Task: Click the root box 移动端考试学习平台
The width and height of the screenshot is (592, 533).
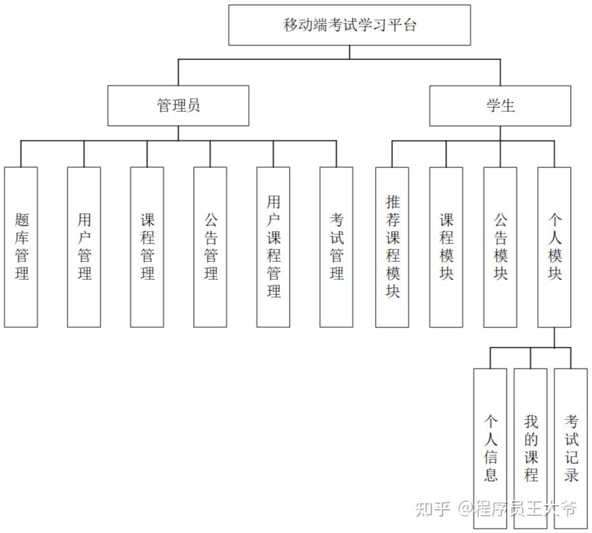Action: pyautogui.click(x=349, y=26)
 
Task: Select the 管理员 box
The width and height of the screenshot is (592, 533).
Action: pyautogui.click(x=179, y=105)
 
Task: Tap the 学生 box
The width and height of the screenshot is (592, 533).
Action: pyautogui.click(x=500, y=105)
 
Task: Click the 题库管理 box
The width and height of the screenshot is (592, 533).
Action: pyautogui.click(x=21, y=247)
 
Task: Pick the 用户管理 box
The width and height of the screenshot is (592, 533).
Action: pyautogui.click(x=84, y=247)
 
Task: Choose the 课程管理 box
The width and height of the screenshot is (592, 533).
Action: pyautogui.click(x=147, y=247)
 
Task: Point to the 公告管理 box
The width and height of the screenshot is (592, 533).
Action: pyautogui.click(x=210, y=247)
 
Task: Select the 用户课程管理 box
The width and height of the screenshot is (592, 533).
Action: pyautogui.click(x=273, y=247)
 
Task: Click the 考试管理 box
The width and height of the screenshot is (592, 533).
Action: pyautogui.click(x=336, y=247)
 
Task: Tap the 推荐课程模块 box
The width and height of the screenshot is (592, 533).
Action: pyautogui.click(x=392, y=247)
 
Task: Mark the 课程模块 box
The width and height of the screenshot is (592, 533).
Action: pyautogui.click(x=446, y=247)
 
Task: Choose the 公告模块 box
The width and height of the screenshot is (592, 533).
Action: pyautogui.click(x=500, y=247)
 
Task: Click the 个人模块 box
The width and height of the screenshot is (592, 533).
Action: pyautogui.click(x=554, y=247)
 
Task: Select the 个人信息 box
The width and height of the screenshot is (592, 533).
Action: pyautogui.click(x=490, y=448)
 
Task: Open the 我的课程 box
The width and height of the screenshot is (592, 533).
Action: pyautogui.click(x=530, y=448)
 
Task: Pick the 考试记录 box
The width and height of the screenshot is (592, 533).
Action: pyautogui.click(x=571, y=448)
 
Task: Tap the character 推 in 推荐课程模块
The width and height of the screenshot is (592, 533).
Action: pyautogui.click(x=392, y=202)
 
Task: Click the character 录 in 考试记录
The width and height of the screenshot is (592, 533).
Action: pyautogui.click(x=571, y=475)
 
